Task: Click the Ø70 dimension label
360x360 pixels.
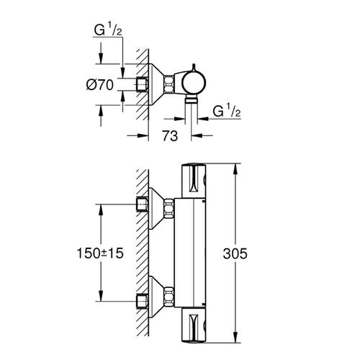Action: click(x=100, y=85)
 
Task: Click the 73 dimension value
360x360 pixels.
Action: click(x=170, y=136)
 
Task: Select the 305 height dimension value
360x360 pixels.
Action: click(x=235, y=253)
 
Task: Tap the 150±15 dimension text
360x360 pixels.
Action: click(x=100, y=253)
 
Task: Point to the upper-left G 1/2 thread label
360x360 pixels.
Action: click(x=108, y=30)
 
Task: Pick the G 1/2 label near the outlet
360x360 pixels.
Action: click(x=227, y=111)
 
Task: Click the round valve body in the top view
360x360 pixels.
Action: click(x=194, y=82)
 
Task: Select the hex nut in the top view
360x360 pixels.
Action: click(x=169, y=84)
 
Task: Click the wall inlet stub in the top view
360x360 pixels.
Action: click(x=142, y=85)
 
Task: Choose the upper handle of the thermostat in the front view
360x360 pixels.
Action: click(x=194, y=181)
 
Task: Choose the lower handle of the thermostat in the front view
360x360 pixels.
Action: click(x=194, y=325)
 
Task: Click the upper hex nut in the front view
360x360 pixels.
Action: click(x=169, y=207)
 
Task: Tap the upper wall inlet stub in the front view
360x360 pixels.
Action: click(x=142, y=204)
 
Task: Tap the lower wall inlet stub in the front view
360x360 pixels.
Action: click(x=142, y=301)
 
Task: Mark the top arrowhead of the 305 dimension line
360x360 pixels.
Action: click(x=235, y=168)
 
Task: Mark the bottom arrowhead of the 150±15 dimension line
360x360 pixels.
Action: click(x=101, y=296)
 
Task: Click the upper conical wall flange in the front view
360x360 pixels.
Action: click(x=156, y=208)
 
